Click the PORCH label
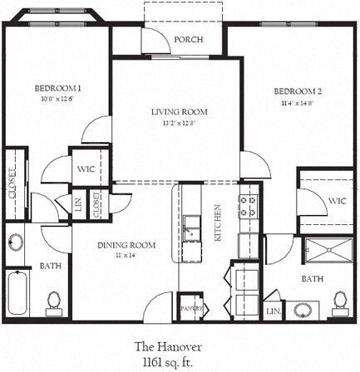183,40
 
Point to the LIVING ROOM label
179,111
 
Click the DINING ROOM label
127,245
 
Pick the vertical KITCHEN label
219,222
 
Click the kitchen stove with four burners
249,206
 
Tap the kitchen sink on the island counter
192,227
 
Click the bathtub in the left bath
18,295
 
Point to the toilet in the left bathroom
54,300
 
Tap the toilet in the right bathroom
338,301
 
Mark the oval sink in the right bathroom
303,311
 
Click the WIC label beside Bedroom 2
336,201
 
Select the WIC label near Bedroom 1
85,169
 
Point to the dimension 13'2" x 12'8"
179,123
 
